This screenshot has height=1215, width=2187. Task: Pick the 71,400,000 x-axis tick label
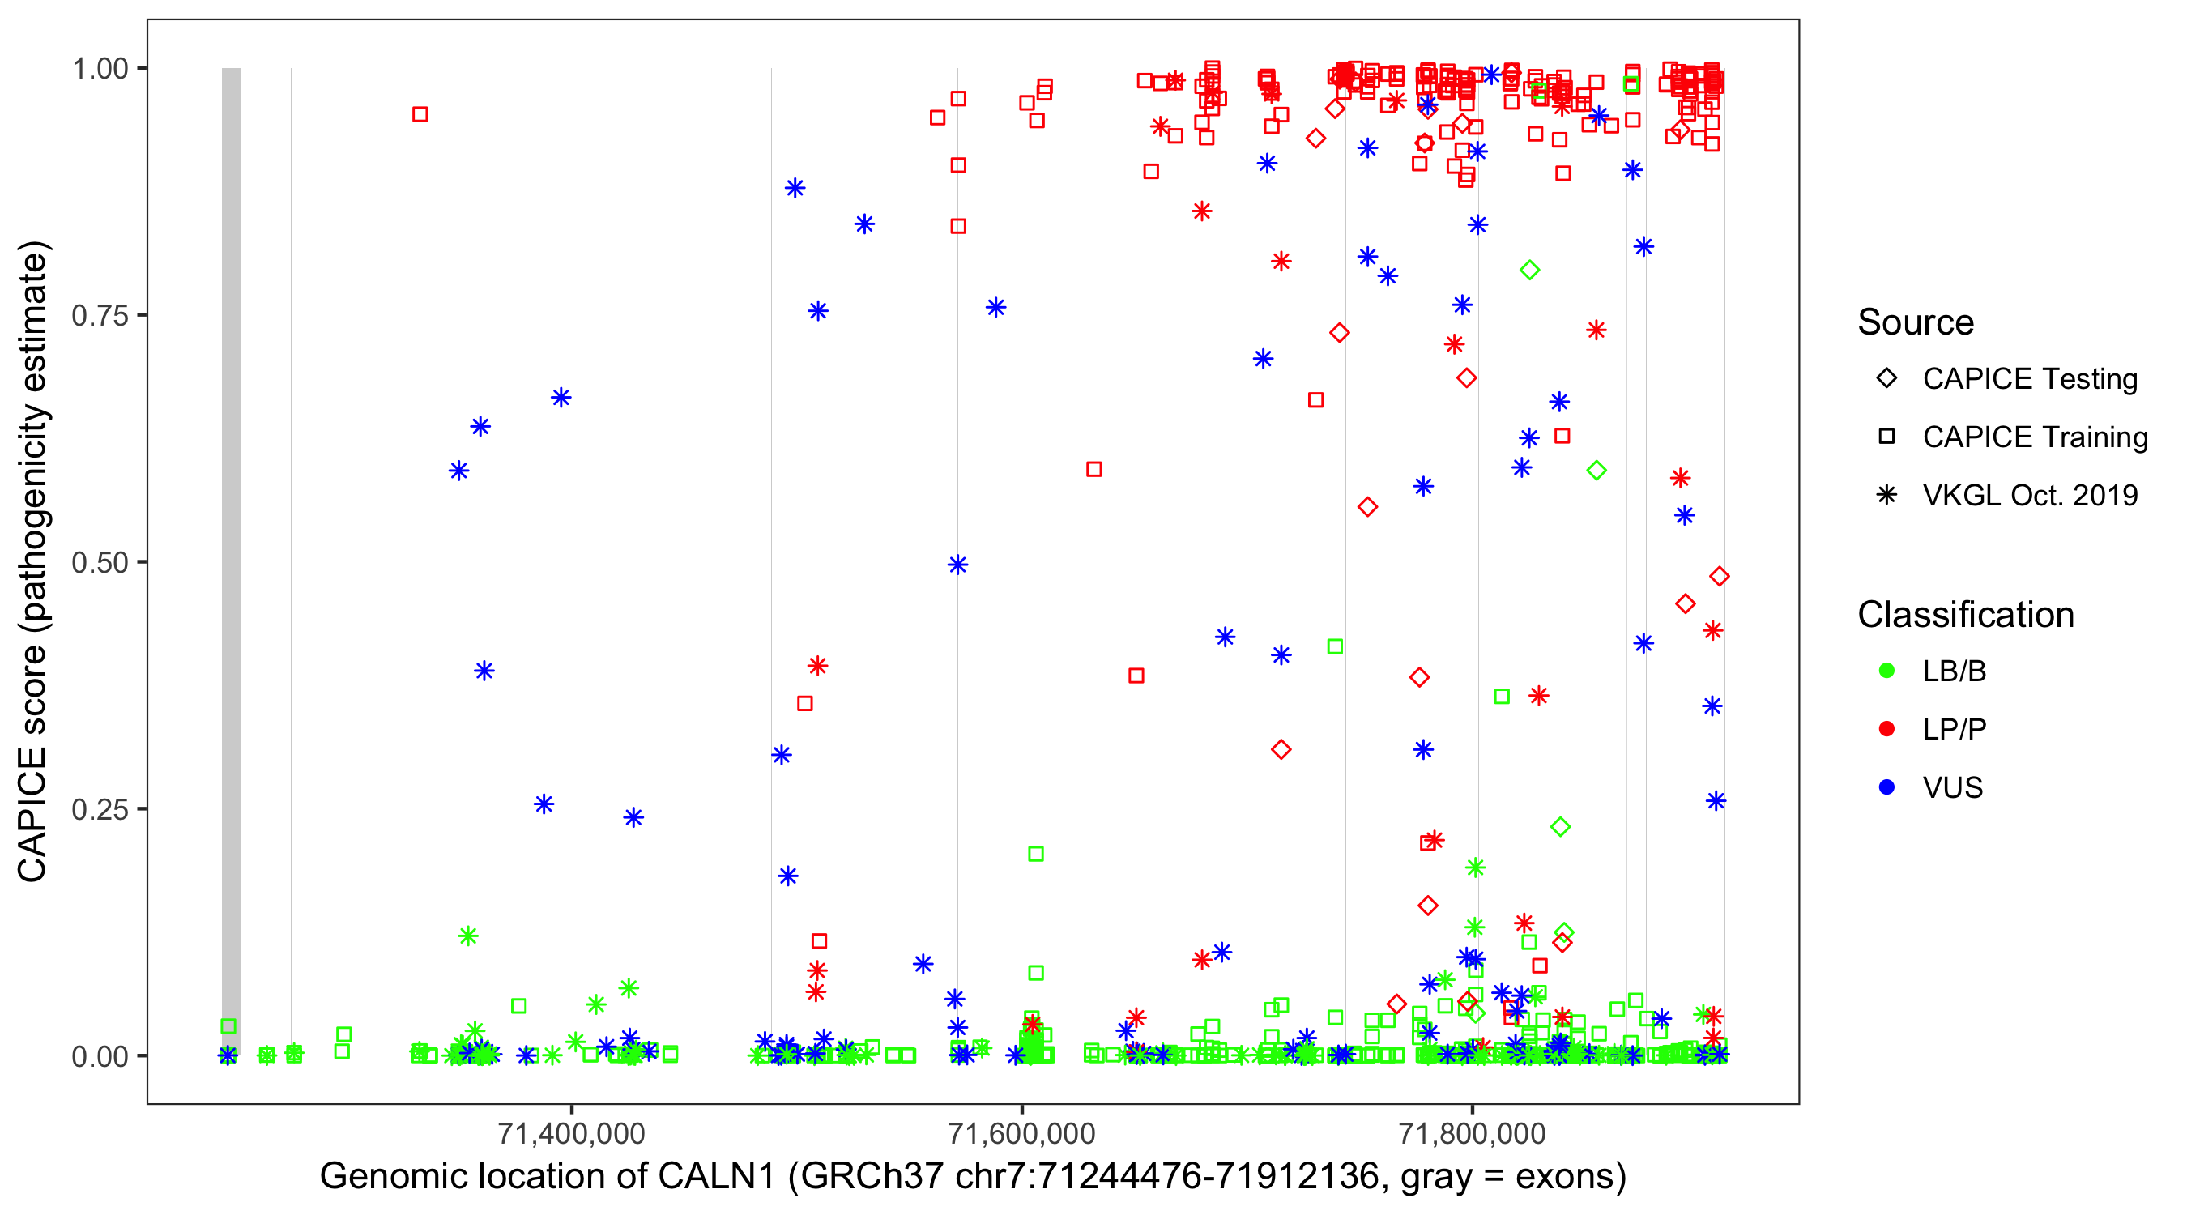(571, 1132)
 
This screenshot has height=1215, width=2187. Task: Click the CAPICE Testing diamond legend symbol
(1886, 379)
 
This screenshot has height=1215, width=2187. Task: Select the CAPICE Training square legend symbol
(1886, 437)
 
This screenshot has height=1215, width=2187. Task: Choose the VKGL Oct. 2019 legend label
(2030, 496)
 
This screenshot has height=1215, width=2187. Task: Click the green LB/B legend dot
(1886, 671)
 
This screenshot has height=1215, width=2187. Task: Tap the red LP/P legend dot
(1886, 729)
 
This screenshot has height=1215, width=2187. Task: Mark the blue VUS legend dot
(1886, 787)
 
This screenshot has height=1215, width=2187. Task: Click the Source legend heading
(1916, 322)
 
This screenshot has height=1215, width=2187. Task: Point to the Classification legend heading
(1965, 615)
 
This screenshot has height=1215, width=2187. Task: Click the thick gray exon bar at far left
(231, 561)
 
